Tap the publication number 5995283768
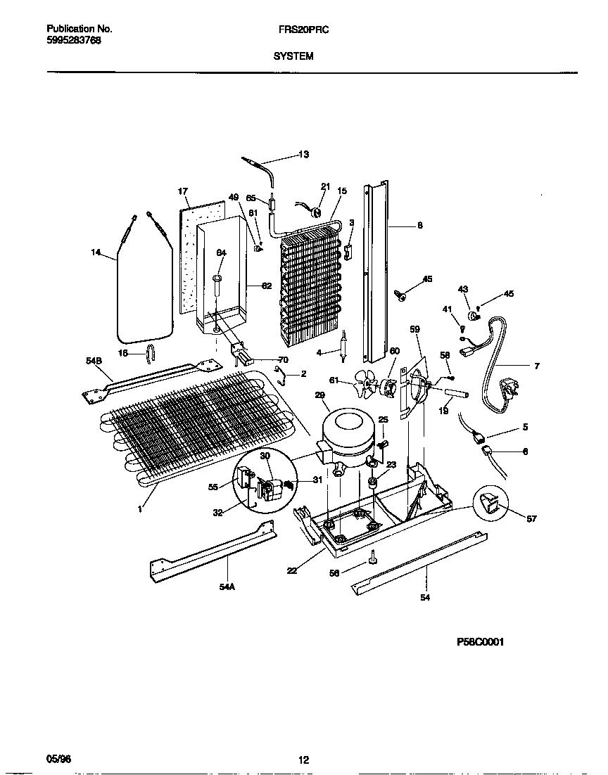click(x=73, y=41)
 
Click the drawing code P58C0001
click(x=481, y=642)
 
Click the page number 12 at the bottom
click(x=303, y=760)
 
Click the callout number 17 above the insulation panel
click(x=183, y=191)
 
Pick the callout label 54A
click(x=226, y=585)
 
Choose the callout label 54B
click(x=94, y=361)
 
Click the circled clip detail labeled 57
click(x=491, y=503)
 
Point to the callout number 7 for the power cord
click(x=536, y=366)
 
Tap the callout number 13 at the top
click(x=303, y=154)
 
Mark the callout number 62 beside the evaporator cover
click(x=267, y=286)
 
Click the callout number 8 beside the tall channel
click(x=419, y=226)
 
